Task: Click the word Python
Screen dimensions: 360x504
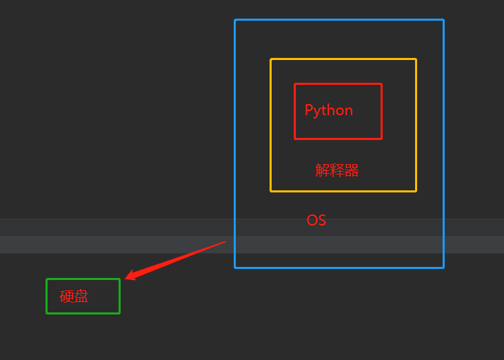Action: (329, 110)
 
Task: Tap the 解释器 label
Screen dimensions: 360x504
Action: (337, 170)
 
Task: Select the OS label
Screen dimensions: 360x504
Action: (316, 221)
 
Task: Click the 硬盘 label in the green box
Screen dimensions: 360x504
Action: (74, 297)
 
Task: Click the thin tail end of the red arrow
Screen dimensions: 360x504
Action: (225, 241)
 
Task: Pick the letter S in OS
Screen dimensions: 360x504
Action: (321, 221)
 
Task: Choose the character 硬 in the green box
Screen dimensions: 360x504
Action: (67, 297)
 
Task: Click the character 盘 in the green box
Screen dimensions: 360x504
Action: (81, 297)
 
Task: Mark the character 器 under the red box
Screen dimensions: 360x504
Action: (352, 170)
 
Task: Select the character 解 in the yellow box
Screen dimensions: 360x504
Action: (322, 170)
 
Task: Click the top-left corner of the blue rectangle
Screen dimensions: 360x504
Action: (235, 20)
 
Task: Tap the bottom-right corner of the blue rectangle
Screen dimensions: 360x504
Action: (443, 267)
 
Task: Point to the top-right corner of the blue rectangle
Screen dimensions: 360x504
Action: (443, 20)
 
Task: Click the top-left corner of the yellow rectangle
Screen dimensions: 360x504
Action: (271, 59)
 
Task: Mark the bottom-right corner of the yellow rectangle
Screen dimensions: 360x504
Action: (416, 190)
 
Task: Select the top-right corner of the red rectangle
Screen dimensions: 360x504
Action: (381, 84)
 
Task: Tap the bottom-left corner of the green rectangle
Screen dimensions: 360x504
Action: (47, 313)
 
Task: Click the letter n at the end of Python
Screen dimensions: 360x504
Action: (349, 111)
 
